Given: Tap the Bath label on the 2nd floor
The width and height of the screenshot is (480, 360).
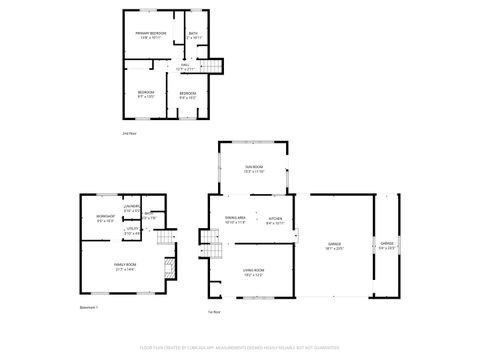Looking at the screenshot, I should coord(194,36).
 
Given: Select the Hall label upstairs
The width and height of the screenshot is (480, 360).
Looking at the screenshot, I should coord(184,67).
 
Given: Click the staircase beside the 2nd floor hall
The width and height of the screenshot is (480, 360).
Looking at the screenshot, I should coord(211,67).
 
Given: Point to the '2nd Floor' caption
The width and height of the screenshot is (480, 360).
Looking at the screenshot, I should coord(128,132).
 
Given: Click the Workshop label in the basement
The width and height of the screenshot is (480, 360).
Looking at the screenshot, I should coord(104,219).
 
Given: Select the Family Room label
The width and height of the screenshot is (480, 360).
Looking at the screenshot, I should coord(125,267).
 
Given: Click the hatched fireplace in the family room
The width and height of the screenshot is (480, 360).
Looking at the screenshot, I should coord(169,268).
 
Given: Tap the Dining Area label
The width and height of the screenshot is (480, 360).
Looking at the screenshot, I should coord(235,220).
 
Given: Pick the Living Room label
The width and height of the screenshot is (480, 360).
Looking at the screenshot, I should coord(254,272).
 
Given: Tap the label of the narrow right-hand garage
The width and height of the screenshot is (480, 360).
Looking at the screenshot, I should coord(386,245).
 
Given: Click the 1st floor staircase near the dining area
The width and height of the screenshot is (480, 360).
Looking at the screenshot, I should coord(208,240).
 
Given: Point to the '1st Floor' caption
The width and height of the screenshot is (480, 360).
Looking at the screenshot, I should coord(213,312).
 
